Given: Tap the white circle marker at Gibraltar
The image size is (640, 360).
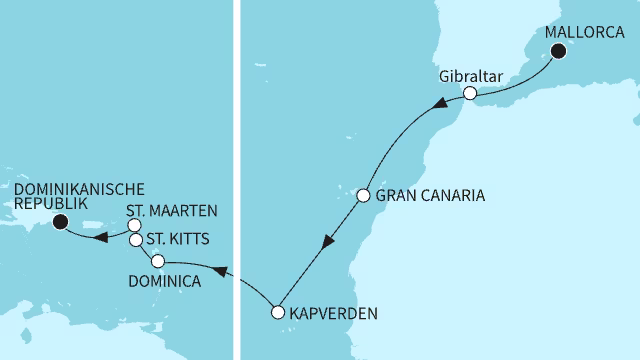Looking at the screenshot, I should [468, 94].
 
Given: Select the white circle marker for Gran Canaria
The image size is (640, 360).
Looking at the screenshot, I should [364, 195].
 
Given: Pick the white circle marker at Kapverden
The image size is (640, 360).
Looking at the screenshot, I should [279, 312].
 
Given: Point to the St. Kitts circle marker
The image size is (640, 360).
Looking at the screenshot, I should [136, 240].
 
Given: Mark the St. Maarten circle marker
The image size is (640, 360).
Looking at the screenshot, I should [134, 225].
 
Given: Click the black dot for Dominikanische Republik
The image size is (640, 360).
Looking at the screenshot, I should [59, 222].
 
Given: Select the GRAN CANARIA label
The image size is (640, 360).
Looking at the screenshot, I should [429, 196].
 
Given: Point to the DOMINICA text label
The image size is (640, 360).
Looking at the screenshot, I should [164, 282].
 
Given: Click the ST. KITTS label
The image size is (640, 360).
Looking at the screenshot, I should [176, 241].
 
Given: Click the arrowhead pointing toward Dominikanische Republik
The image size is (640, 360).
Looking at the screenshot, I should [100, 237].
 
